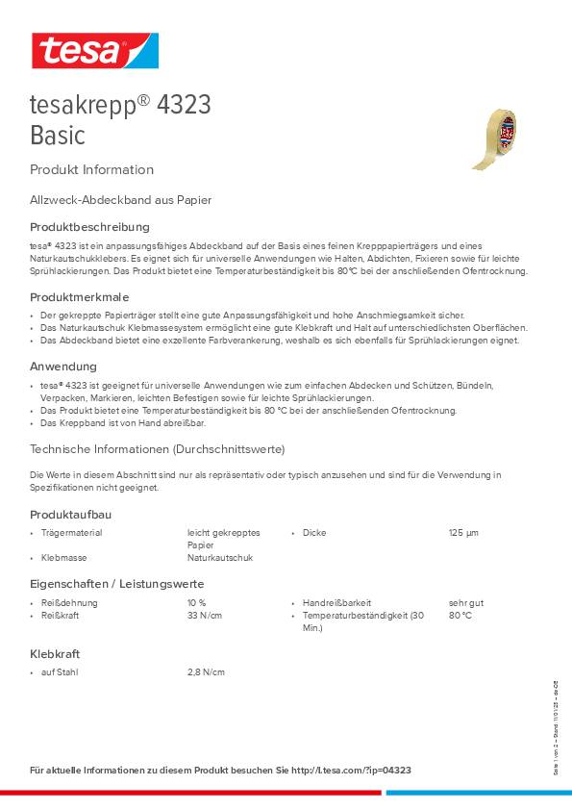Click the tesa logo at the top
click(x=94, y=50)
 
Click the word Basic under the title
click(x=58, y=135)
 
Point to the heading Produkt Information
click(x=91, y=170)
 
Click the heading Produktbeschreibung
click(x=89, y=227)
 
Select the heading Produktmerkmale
click(x=79, y=296)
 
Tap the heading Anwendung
click(x=63, y=367)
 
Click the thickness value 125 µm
click(x=463, y=533)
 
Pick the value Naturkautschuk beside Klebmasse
click(x=219, y=558)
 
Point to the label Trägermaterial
click(x=71, y=533)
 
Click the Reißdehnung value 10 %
click(x=197, y=603)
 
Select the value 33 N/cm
click(x=205, y=616)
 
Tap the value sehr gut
click(x=466, y=603)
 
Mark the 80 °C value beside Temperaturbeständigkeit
click(x=460, y=616)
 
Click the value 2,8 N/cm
click(x=206, y=672)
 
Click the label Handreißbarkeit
click(x=336, y=603)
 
